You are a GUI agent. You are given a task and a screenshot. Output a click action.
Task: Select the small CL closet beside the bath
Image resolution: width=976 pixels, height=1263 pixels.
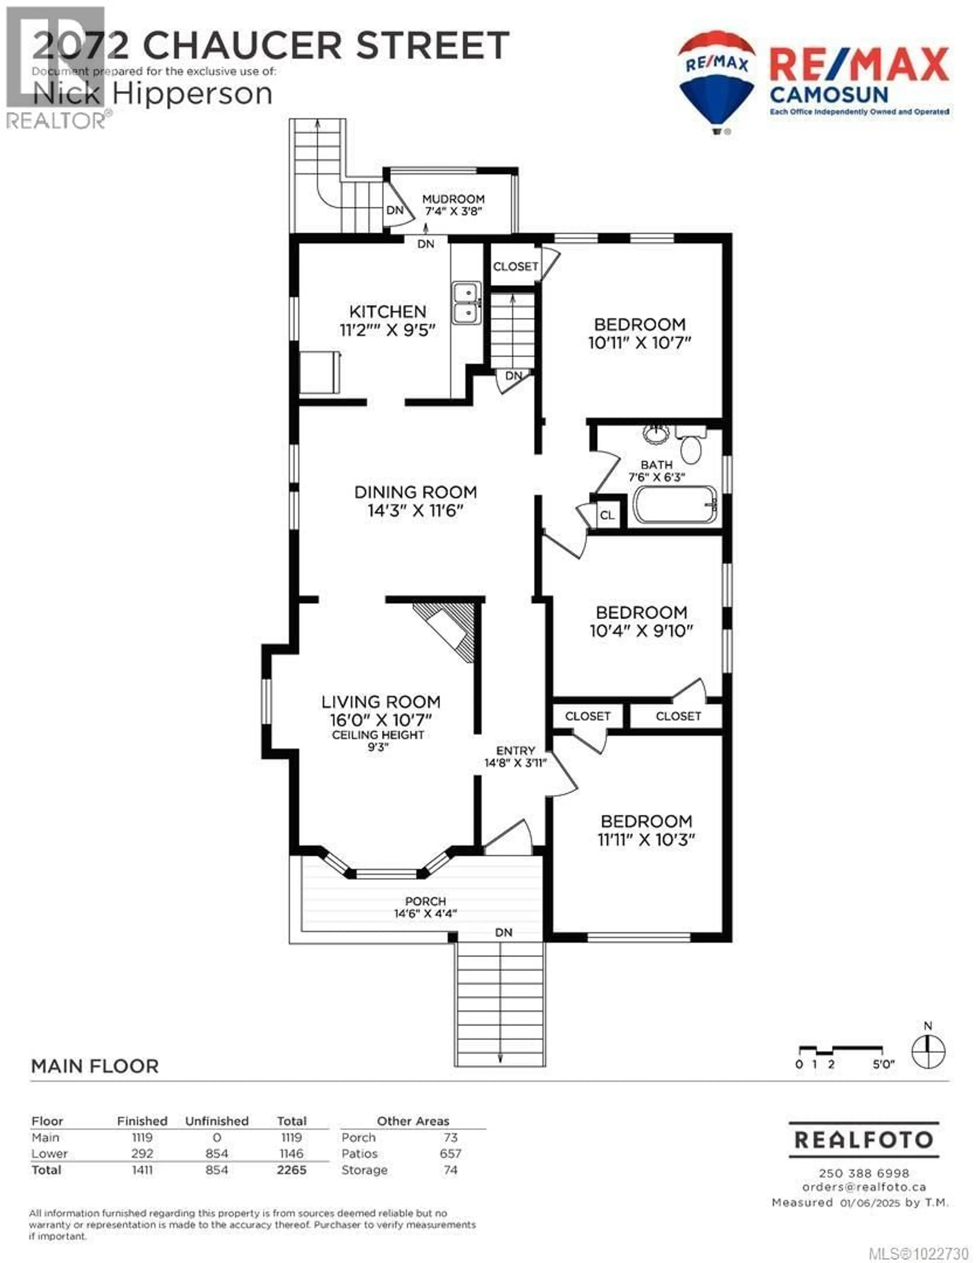607,515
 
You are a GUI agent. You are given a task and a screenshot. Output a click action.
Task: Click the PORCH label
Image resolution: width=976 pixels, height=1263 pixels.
425,901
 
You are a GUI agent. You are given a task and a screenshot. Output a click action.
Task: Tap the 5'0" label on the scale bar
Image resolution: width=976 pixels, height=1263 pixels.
883,1064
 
